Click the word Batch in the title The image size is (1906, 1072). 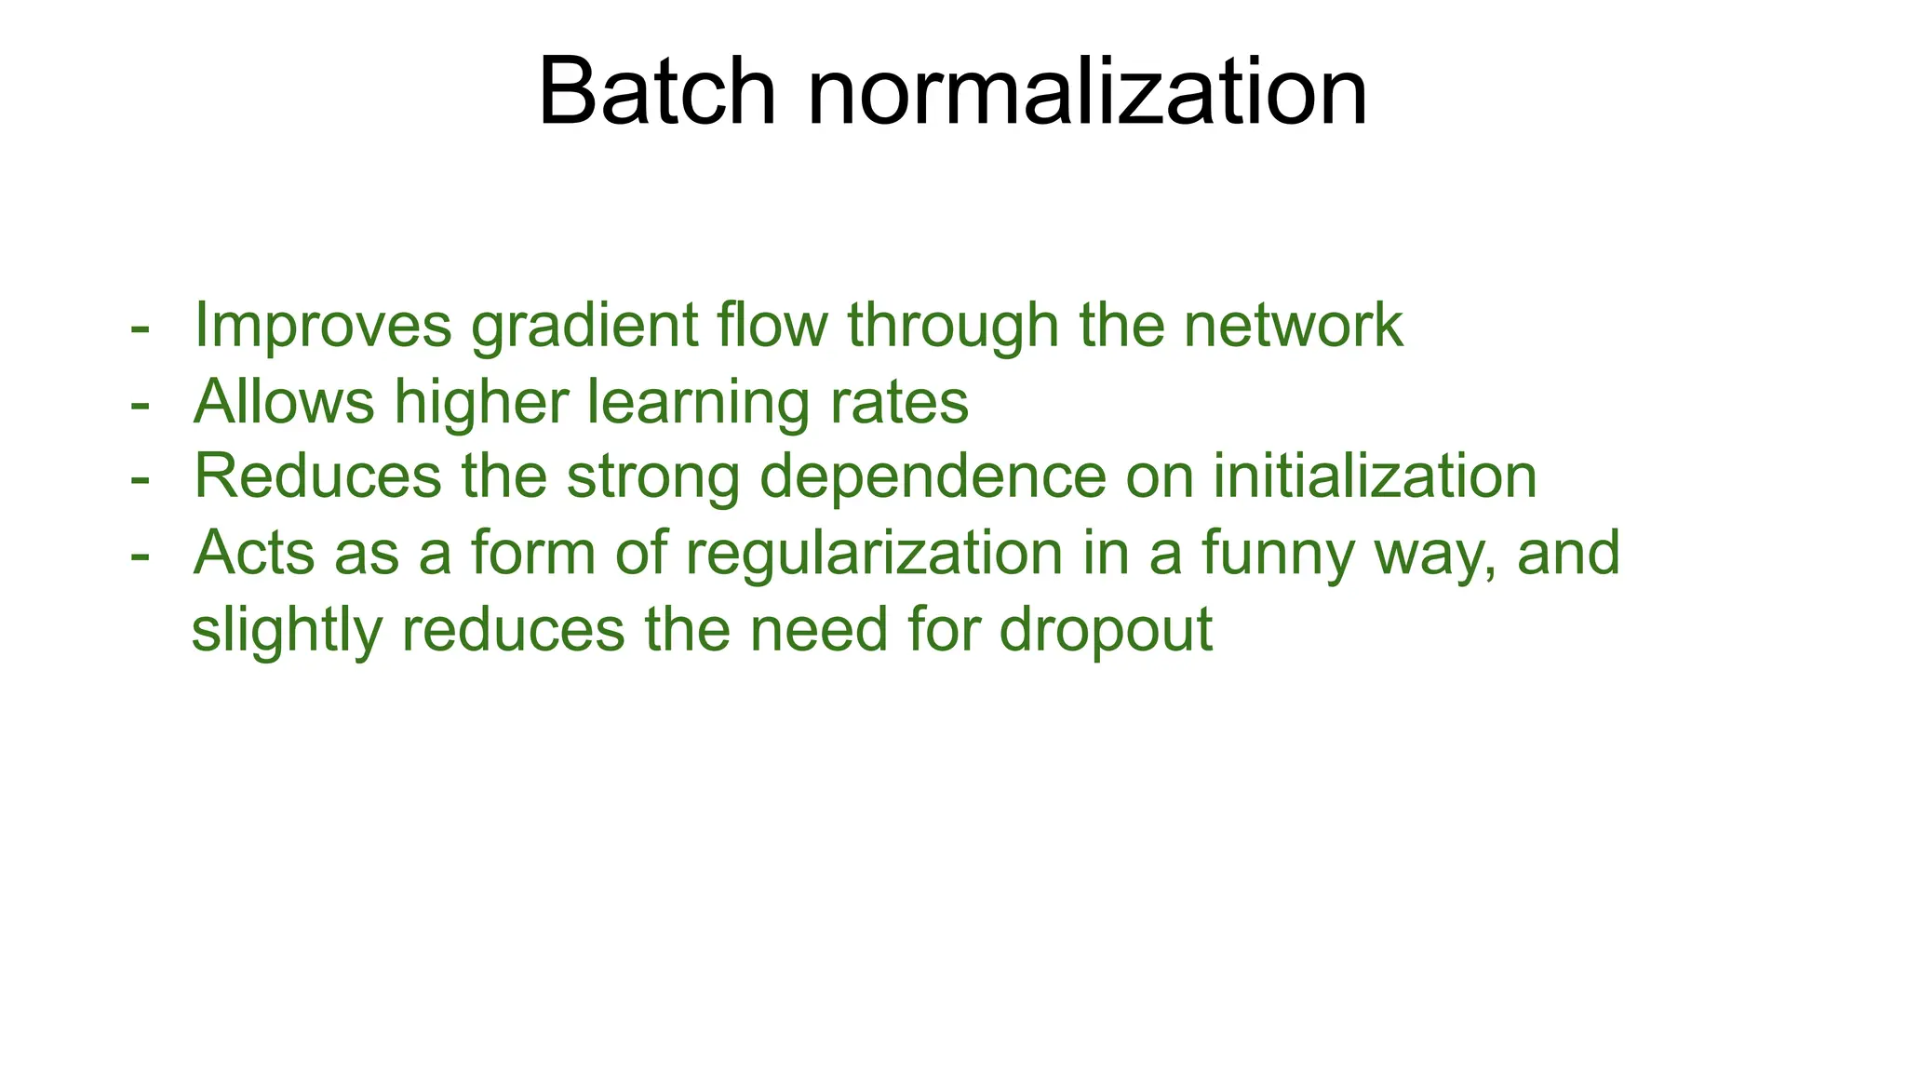click(x=656, y=92)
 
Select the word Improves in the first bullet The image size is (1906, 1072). click(x=322, y=327)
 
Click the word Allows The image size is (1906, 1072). click(x=283, y=402)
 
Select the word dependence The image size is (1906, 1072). click(x=933, y=476)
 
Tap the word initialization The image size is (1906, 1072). click(x=1375, y=476)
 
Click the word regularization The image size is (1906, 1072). click(x=874, y=555)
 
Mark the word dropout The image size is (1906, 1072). click(x=1106, y=631)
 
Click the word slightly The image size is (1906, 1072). click(x=287, y=631)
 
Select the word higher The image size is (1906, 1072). click(x=481, y=404)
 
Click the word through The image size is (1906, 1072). click(x=953, y=327)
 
